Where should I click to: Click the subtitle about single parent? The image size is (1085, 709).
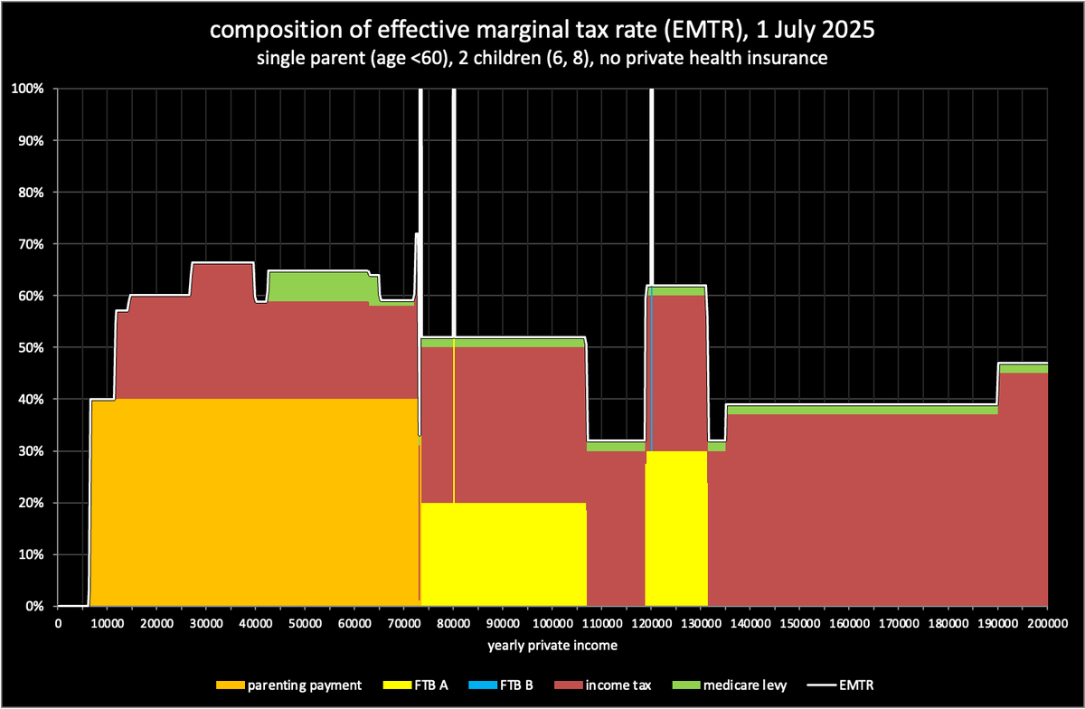pyautogui.click(x=542, y=61)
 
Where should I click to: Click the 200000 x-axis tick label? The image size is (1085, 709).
pyautogui.click(x=1047, y=624)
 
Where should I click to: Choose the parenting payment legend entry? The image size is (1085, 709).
pyautogui.click(x=289, y=685)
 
